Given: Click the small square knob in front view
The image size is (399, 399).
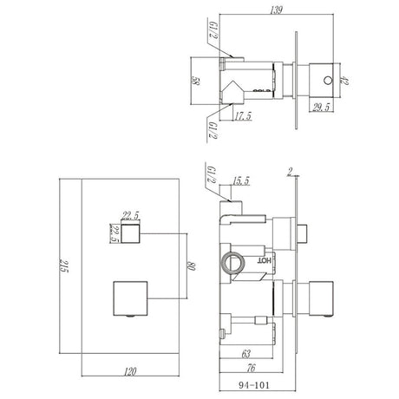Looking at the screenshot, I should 130,234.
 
